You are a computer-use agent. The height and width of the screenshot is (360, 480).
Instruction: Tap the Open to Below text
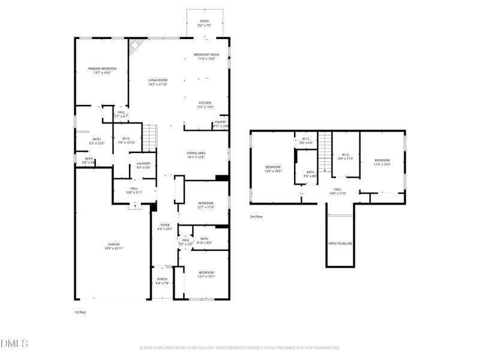tap(340, 244)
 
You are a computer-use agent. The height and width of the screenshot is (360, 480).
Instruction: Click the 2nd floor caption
tap(256, 217)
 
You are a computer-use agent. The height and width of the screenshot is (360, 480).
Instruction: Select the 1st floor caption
tap(80, 312)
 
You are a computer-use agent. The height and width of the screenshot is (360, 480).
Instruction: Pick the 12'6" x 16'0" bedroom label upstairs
tap(273, 169)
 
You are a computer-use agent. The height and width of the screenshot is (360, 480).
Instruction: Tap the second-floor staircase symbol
tap(325, 151)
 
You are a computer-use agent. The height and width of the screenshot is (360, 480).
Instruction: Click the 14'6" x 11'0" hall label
tap(338, 191)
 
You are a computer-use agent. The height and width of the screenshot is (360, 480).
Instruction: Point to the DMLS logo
tap(14, 344)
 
